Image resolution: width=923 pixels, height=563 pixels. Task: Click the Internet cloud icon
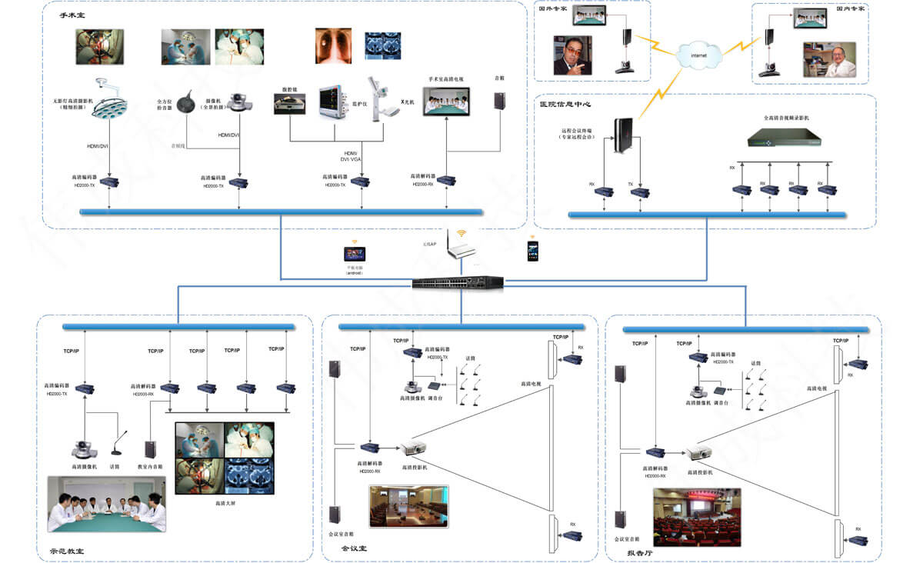click(x=699, y=55)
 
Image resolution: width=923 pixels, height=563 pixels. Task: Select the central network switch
click(x=458, y=281)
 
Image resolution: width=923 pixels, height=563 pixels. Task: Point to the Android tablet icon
click(x=355, y=255)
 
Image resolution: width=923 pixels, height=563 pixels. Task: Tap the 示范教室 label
click(x=67, y=551)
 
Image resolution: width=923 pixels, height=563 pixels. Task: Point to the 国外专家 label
click(x=551, y=10)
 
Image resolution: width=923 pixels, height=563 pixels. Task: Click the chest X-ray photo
click(x=333, y=45)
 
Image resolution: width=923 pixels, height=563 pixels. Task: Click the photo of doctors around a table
click(x=106, y=504)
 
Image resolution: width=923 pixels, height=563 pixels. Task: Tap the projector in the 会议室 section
click(x=414, y=449)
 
